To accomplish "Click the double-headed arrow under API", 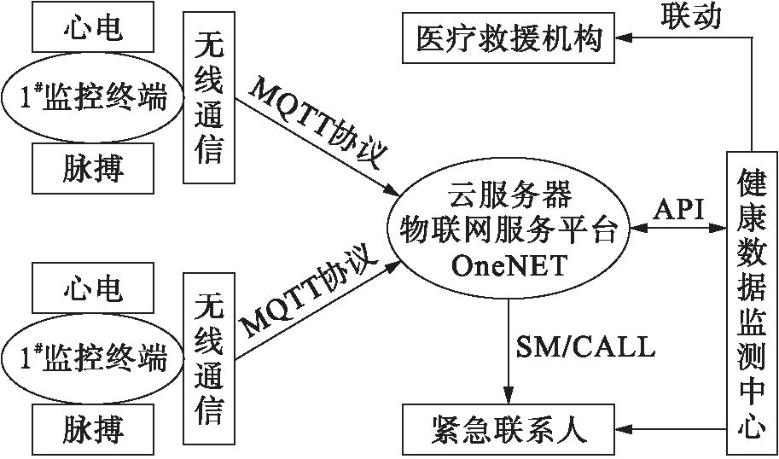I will (678, 230).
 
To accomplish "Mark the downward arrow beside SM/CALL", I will (509, 350).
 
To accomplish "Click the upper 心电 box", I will (93, 29).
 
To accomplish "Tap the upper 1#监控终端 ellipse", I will (93, 100).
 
